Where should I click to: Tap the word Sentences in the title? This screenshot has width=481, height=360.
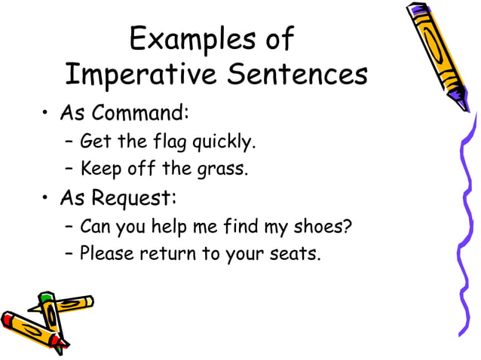tap(295, 75)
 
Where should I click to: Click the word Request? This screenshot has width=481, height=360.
tap(133, 199)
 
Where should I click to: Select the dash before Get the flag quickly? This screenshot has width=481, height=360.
tap(69, 142)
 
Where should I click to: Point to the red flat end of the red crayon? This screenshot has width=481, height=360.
tap(6, 321)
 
